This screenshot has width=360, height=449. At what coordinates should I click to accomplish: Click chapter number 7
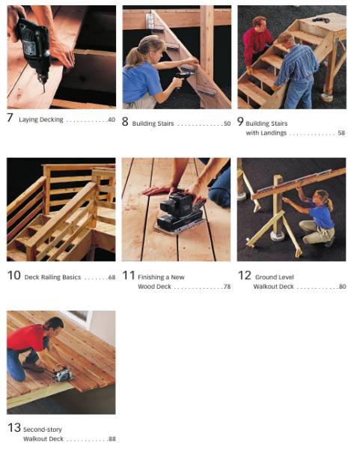click(10, 118)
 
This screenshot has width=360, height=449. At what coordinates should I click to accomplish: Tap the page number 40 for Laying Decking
click(111, 120)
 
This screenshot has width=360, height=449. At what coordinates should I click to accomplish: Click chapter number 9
click(240, 120)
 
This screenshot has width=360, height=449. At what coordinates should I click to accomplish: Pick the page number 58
click(341, 133)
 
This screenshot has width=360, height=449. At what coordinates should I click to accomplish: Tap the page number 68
click(111, 278)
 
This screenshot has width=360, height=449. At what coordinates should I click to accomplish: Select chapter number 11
click(128, 275)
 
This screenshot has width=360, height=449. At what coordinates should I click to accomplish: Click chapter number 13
click(13, 428)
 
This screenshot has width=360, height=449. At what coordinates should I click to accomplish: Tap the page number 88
click(111, 439)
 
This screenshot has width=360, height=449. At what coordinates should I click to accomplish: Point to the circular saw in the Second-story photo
click(61, 374)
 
